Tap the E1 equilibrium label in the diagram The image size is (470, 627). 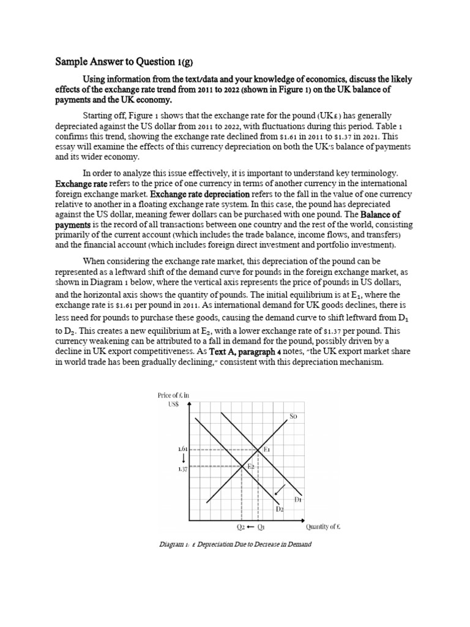pos(267,449)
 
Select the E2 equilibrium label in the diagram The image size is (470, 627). pos(250,467)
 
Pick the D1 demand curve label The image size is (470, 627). pos(298,500)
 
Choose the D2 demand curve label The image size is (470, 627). pos(279,508)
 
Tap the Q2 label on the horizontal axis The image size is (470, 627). pos(241,527)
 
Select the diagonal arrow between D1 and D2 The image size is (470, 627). pos(279,489)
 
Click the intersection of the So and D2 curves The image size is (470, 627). pos(244,467)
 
